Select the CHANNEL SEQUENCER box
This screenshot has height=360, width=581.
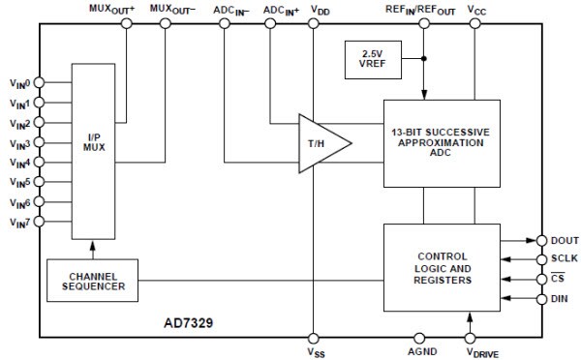click(x=91, y=281)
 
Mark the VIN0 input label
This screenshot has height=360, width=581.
click(x=20, y=83)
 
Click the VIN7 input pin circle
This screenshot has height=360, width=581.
click(x=40, y=224)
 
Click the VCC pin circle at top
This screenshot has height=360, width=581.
click(x=475, y=21)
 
